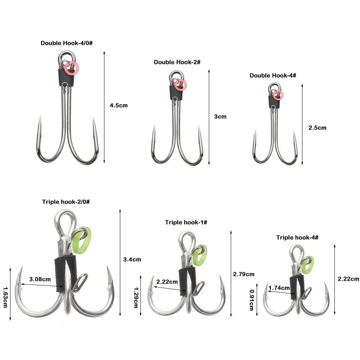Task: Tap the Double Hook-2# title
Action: (x=177, y=62)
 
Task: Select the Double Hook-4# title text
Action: (x=273, y=76)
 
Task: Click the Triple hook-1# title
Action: (x=186, y=222)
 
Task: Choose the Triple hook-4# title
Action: (x=297, y=238)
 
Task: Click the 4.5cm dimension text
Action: (x=118, y=105)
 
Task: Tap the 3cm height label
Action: (x=220, y=117)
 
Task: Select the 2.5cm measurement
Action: (x=317, y=127)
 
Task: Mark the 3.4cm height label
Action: (x=132, y=259)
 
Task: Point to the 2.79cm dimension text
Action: (x=244, y=274)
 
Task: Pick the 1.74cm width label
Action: (x=279, y=288)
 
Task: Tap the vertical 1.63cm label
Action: (x=5, y=297)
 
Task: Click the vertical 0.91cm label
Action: (x=251, y=300)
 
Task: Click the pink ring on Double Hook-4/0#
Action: (x=73, y=67)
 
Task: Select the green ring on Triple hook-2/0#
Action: (x=81, y=240)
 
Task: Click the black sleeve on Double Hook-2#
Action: (x=176, y=93)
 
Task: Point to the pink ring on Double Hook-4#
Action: (x=278, y=95)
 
